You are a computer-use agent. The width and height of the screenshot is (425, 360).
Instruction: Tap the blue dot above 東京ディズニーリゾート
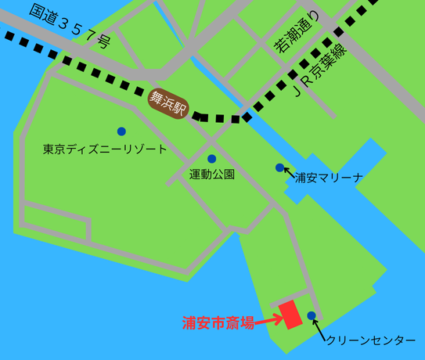[121, 131]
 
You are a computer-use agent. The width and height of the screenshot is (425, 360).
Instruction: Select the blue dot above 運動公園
[211, 159]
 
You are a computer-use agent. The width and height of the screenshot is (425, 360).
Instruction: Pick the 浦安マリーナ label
[330, 178]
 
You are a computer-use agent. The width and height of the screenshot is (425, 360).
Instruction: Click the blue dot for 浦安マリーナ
[279, 167]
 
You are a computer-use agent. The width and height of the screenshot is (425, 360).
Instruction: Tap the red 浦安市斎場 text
[218, 322]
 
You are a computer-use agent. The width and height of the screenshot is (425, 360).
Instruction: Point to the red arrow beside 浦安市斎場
[268, 319]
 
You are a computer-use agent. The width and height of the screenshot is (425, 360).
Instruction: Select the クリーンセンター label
[370, 340]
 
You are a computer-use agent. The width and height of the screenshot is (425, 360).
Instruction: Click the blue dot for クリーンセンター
[312, 316]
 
